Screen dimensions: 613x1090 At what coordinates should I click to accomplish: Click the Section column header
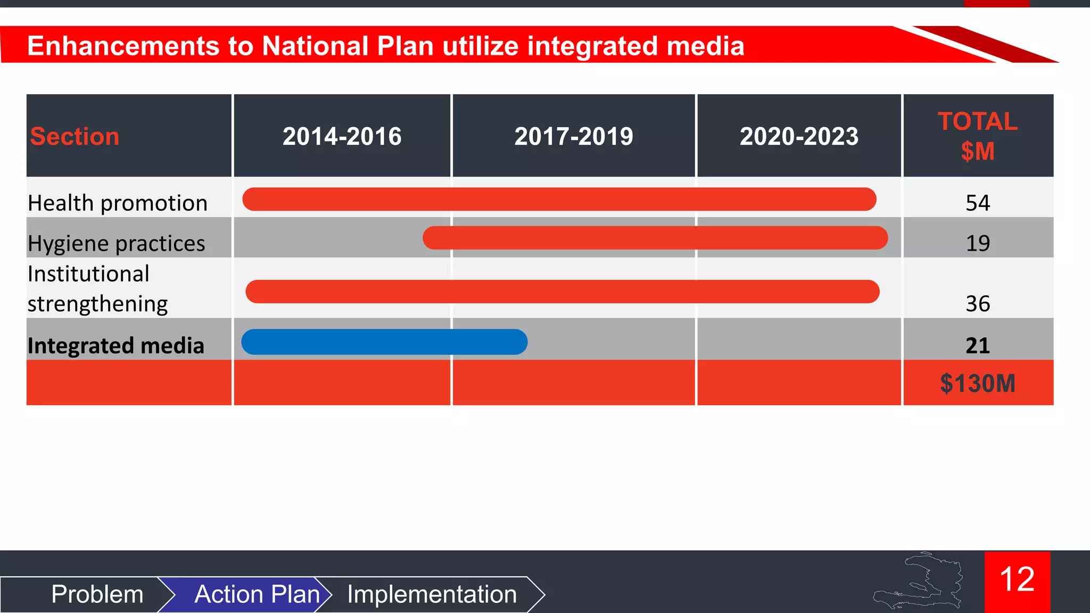(75, 136)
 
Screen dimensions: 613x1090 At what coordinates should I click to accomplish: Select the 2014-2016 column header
(342, 136)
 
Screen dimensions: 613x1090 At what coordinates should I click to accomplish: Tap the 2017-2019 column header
(574, 136)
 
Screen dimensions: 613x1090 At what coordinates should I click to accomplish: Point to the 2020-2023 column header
(799, 136)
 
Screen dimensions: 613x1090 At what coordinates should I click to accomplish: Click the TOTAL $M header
(978, 136)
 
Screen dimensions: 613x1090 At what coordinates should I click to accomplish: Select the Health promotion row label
(118, 203)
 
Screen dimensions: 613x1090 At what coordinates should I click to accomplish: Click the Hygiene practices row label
(117, 243)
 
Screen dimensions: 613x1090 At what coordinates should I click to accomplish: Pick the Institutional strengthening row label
(98, 288)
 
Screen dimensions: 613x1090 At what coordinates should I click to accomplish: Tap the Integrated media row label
(116, 345)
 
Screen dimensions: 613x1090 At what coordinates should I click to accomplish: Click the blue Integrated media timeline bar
(384, 342)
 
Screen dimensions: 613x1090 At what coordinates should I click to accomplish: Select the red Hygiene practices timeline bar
(655, 238)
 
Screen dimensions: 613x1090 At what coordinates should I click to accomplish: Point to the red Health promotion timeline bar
(559, 199)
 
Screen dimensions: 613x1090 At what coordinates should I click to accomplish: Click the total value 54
(978, 203)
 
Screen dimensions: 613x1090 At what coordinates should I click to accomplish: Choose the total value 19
(978, 243)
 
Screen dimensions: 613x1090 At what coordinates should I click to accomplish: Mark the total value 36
(978, 303)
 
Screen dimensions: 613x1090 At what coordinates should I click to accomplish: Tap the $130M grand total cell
(978, 383)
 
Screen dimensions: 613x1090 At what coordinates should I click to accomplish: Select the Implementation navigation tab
(432, 594)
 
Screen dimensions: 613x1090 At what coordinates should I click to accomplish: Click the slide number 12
(1017, 580)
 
